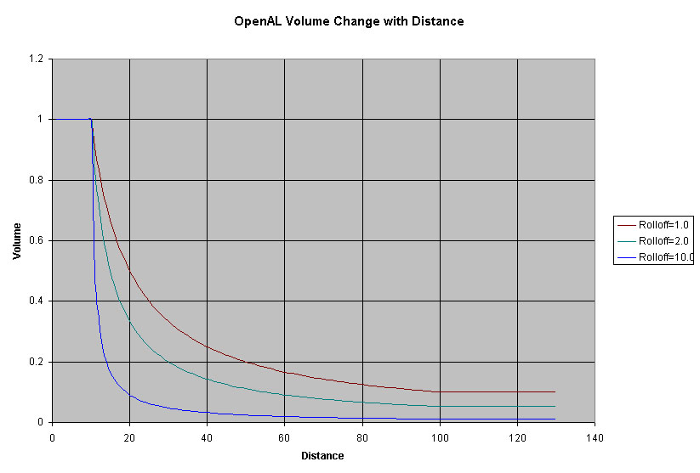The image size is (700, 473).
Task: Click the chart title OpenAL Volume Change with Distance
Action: point(349,21)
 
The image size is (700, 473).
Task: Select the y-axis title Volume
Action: point(17,240)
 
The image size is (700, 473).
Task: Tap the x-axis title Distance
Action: point(322,456)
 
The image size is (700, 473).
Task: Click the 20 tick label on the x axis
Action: point(129,437)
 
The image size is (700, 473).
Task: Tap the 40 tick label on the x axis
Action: point(207,437)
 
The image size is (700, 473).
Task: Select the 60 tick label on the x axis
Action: point(284,437)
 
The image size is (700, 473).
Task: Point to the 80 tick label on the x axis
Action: point(361,437)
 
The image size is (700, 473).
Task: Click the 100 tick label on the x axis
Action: point(439,437)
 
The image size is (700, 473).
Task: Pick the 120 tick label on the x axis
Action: point(517,437)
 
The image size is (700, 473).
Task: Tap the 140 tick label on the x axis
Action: point(595,437)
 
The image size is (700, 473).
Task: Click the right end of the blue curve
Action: point(555,419)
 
